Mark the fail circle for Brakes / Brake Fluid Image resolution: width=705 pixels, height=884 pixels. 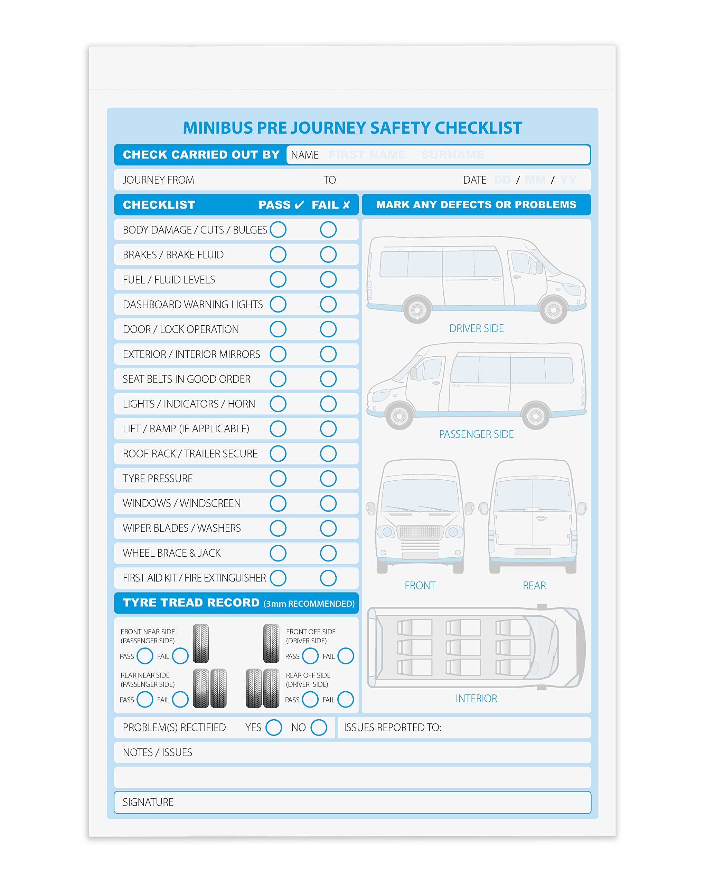tap(328, 254)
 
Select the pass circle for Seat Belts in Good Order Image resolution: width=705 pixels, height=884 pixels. tap(278, 378)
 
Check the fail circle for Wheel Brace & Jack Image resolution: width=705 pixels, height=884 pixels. tap(328, 553)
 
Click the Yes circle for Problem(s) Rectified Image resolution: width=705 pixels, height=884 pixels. tap(273, 727)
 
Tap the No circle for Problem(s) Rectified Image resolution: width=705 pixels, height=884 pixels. tap(318, 727)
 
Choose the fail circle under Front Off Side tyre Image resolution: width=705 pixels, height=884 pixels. tap(346, 656)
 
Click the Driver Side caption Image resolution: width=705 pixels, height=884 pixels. tap(476, 328)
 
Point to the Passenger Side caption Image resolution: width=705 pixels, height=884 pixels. tap(476, 434)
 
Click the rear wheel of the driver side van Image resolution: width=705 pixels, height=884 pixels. tap(417, 309)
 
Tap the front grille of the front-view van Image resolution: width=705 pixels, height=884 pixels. tap(420, 532)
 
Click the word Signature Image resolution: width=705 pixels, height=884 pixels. tap(148, 802)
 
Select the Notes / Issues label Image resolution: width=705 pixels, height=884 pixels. tap(157, 752)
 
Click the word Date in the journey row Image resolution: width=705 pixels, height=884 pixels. tap(474, 180)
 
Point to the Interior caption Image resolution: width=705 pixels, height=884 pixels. tap(476, 698)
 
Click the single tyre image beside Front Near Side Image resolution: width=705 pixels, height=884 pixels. tap(201, 643)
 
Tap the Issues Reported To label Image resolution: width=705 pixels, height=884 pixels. tap(392, 727)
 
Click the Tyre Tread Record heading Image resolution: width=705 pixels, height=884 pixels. tap(191, 602)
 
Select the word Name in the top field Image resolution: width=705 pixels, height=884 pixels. tap(304, 155)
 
